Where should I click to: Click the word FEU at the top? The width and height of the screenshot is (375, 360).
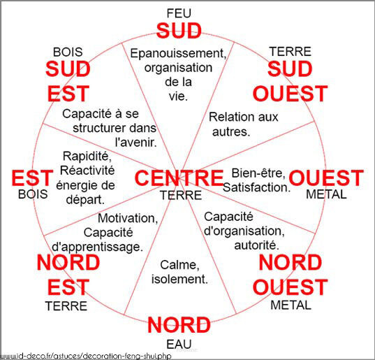point(179,13)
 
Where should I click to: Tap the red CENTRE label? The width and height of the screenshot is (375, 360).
point(179,178)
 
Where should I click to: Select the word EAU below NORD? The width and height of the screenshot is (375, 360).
point(179,345)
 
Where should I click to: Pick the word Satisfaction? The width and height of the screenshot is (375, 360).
point(256,187)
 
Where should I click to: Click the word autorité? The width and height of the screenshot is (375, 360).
point(256,245)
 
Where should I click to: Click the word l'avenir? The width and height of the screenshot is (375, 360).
point(136,143)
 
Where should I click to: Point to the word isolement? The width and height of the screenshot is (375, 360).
point(179,280)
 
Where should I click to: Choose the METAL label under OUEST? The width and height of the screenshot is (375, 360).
point(326,194)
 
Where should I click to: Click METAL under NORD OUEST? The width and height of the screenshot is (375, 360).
point(291,305)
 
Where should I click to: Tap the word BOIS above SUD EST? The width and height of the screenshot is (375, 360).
point(68,52)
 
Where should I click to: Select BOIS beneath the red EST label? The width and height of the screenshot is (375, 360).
point(33,194)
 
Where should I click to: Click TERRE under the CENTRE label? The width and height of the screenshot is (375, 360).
point(181,195)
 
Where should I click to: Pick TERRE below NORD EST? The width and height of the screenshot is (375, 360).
point(66,306)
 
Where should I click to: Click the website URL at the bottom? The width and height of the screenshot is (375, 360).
point(86,356)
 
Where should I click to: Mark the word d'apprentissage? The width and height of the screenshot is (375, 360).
point(97,247)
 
